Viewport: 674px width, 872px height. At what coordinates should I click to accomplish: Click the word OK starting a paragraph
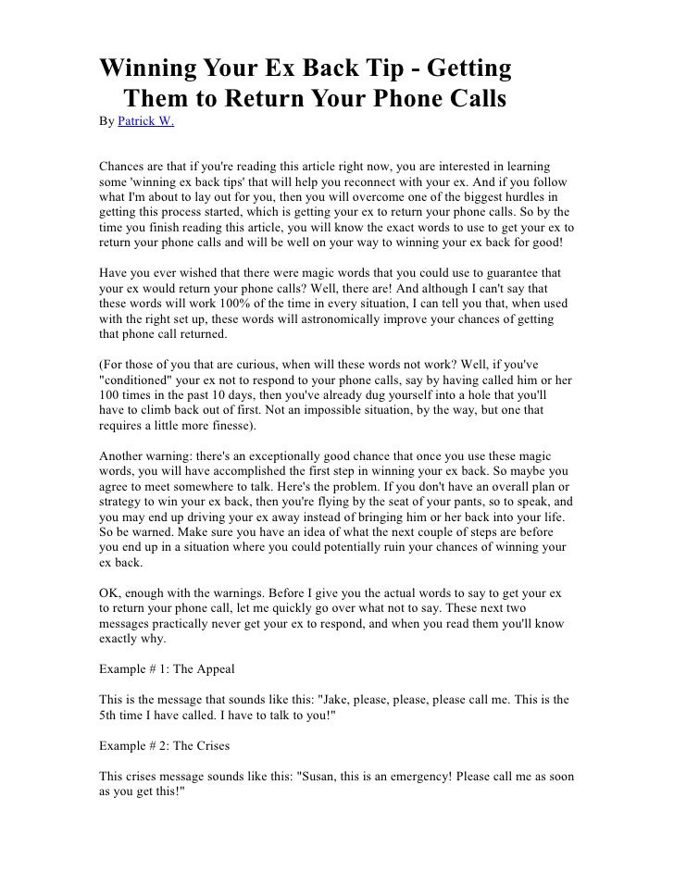click(108, 588)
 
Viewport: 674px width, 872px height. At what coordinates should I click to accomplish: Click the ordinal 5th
click(111, 716)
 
